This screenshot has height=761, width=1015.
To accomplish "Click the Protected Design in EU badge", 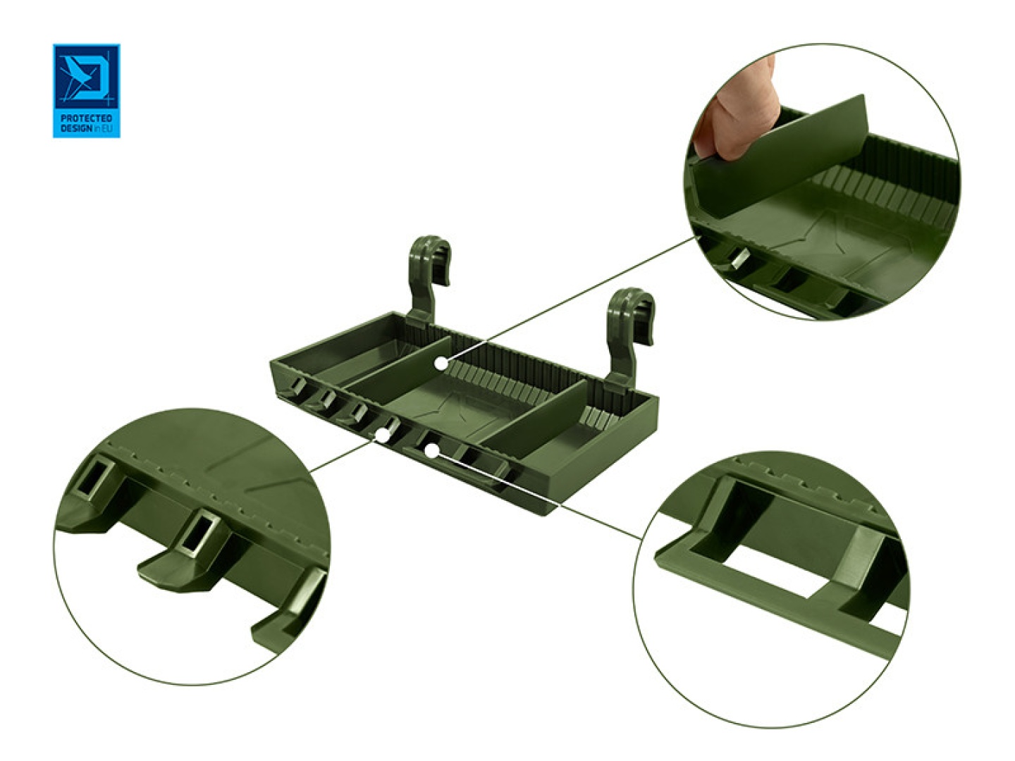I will pos(86,90).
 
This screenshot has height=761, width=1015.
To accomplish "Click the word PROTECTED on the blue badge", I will pos(86,118).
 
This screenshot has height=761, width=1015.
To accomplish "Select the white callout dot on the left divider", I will pos(441,364).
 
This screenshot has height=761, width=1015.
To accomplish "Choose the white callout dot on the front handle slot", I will pos(431,450).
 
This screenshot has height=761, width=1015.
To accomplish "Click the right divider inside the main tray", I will pos(536,418).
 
